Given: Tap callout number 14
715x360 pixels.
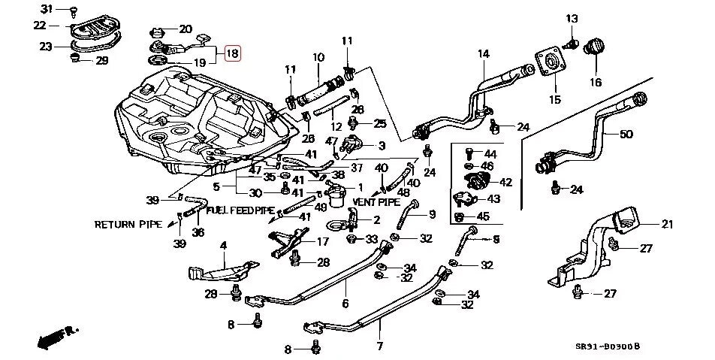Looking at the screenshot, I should [482, 53].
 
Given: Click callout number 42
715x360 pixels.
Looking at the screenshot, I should [505, 182].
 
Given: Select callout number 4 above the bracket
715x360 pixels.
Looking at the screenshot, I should [222, 245].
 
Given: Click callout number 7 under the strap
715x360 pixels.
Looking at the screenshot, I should [379, 346].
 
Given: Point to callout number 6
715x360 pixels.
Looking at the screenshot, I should [345, 304].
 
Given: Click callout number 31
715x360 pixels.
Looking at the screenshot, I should [44, 9].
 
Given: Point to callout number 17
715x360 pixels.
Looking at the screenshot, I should [322, 242].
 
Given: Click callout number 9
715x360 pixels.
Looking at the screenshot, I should [432, 215].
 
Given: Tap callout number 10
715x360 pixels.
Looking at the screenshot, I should [318, 57].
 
